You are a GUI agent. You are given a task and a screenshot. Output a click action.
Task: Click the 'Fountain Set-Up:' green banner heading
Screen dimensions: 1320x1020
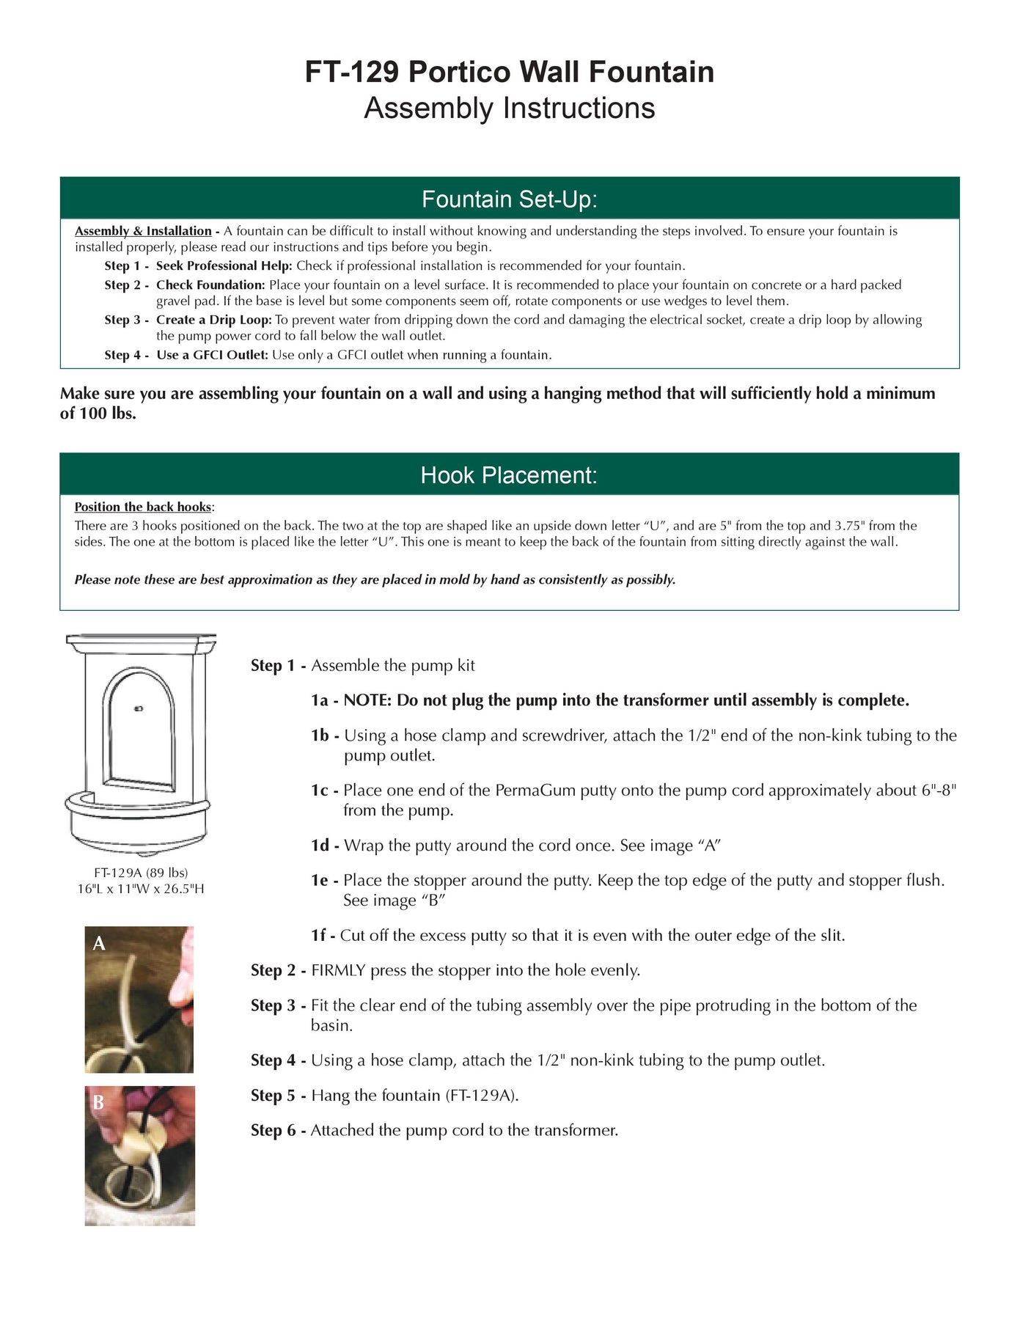click(x=509, y=199)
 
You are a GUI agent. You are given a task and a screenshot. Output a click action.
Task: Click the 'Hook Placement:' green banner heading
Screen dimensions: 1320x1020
click(x=509, y=475)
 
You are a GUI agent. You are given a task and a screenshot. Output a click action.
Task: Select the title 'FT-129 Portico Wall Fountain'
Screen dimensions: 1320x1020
click(x=510, y=72)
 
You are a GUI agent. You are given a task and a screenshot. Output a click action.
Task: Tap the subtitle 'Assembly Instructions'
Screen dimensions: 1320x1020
click(x=510, y=109)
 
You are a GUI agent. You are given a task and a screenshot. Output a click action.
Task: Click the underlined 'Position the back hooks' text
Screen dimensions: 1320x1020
click(x=142, y=507)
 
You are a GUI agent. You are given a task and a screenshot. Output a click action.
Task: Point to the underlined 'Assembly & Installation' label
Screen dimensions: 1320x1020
click(x=143, y=231)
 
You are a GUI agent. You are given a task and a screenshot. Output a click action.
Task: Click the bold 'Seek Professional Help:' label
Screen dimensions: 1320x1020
click(x=224, y=265)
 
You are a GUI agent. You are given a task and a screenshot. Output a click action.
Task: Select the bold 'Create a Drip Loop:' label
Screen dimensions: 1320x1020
click(x=213, y=320)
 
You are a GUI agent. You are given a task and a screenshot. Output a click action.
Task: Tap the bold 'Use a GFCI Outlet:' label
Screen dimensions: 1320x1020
click(x=212, y=355)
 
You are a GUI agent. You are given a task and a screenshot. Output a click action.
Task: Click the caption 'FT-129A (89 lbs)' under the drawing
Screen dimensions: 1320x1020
click(x=141, y=873)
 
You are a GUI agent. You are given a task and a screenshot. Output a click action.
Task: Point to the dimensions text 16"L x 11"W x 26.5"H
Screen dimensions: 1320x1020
click(x=141, y=889)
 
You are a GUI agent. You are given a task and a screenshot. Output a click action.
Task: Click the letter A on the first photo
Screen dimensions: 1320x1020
click(x=99, y=944)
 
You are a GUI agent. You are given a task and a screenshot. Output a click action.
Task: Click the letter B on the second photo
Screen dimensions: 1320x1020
click(x=98, y=1102)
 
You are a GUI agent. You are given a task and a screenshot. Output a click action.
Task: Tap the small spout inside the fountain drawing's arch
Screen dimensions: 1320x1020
click(x=139, y=708)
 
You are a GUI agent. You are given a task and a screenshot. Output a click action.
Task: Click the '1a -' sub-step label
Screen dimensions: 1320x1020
click(x=324, y=700)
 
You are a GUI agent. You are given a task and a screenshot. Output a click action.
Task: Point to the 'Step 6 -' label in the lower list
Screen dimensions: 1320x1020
click(x=278, y=1130)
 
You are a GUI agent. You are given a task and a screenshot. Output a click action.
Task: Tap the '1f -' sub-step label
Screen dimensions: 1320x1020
click(x=323, y=936)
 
